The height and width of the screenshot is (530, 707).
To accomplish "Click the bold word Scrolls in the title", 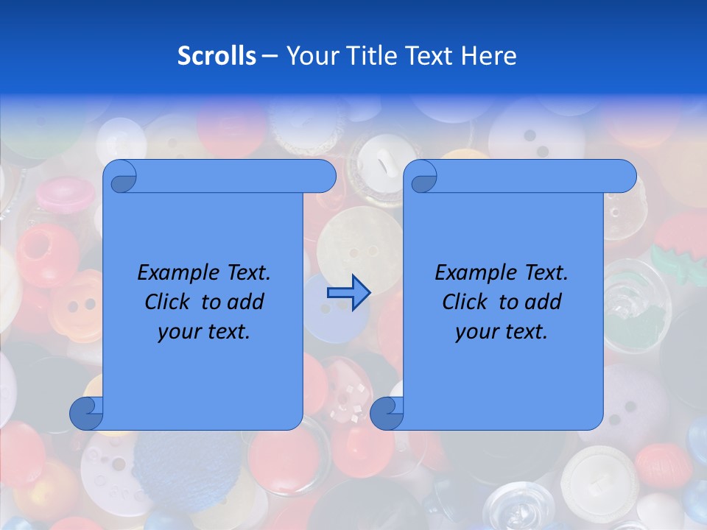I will (217, 56).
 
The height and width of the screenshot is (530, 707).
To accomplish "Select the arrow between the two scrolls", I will (348, 293).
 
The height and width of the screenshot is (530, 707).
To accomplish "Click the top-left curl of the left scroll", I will (121, 177).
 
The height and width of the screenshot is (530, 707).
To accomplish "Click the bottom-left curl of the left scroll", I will (86, 413).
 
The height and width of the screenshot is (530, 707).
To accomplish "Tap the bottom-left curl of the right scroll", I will (387, 413).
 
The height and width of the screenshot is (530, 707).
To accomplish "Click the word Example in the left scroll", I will (175, 273).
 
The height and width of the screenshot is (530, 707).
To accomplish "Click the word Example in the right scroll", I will (472, 273).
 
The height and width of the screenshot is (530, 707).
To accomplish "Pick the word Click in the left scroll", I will (166, 302).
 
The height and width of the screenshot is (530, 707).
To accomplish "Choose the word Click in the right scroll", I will (464, 302).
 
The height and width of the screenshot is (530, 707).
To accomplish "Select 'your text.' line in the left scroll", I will (204, 332).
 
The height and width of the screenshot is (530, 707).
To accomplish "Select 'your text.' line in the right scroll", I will (502, 332).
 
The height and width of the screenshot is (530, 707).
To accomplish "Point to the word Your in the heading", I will (308, 56).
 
